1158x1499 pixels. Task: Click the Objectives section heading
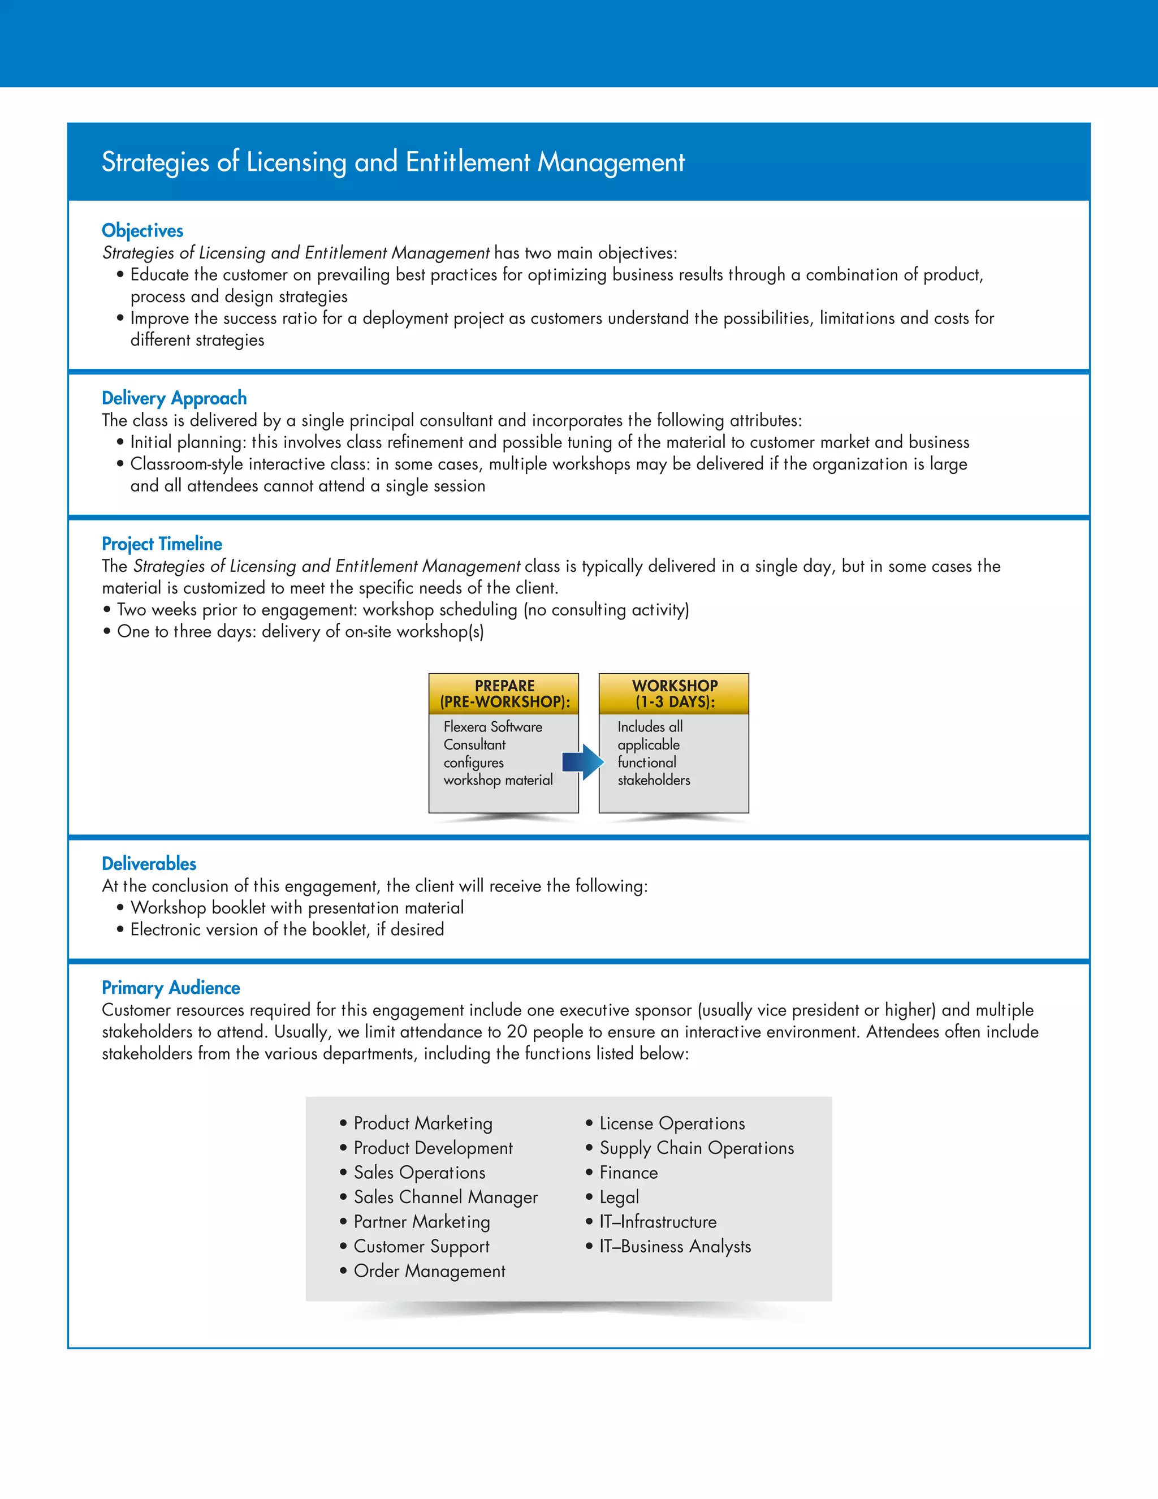click(142, 231)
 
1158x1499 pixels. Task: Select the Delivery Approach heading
click(174, 398)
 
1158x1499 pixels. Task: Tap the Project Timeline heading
click(161, 544)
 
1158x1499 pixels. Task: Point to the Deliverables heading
click(148, 863)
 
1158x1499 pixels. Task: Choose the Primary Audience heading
click(170, 988)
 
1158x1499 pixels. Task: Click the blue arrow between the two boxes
click(582, 762)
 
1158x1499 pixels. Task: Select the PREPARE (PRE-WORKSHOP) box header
click(504, 694)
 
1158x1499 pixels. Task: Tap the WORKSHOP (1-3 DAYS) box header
click(675, 694)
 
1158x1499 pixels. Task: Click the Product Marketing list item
click(422, 1123)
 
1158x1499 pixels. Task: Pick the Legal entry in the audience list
click(619, 1197)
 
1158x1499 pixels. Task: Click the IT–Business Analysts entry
click(675, 1246)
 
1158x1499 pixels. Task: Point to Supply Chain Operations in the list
click(696, 1148)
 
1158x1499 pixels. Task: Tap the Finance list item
click(628, 1173)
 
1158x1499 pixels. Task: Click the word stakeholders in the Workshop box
click(654, 781)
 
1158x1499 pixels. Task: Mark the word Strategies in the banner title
click(155, 163)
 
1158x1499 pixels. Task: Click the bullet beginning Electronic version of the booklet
click(287, 929)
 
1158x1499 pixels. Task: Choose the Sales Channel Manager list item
click(445, 1198)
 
